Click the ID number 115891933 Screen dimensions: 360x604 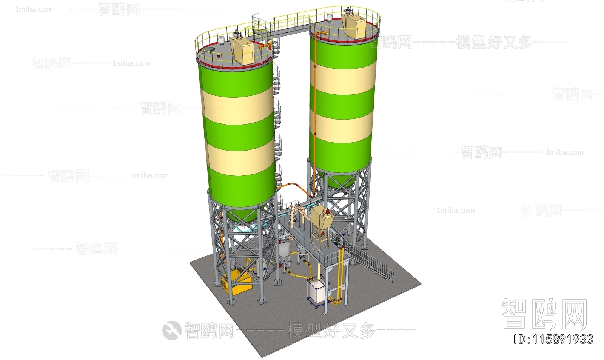tap(555, 339)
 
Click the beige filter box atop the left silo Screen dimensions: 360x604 tap(244, 50)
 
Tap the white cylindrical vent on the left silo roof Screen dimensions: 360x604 tap(222, 40)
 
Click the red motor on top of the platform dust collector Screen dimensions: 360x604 tap(327, 210)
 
